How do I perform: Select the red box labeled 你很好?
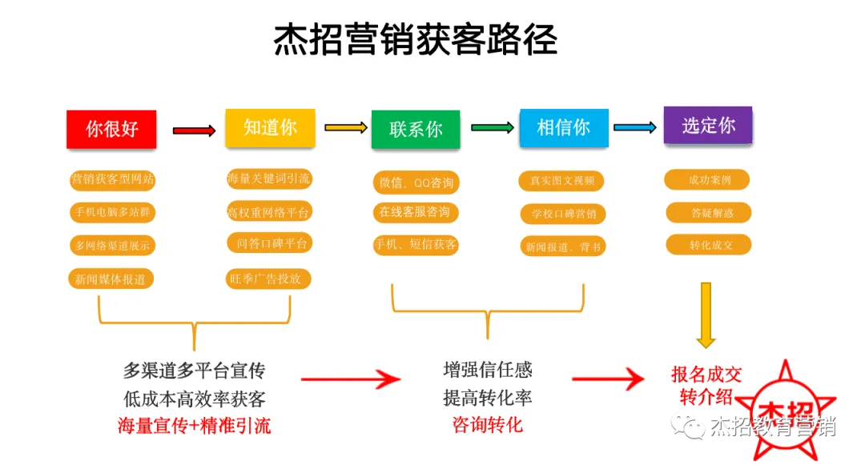(111, 129)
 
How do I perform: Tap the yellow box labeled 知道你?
(270, 128)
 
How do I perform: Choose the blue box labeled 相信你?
(563, 127)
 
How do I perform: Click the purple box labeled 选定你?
(708, 126)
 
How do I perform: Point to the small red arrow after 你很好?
(194, 130)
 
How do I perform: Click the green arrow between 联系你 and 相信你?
(492, 128)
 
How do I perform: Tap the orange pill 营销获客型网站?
(112, 179)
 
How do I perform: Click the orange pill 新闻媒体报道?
(111, 279)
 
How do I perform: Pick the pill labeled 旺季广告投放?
(268, 279)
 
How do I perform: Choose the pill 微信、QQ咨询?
(416, 182)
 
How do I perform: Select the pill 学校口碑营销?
(563, 214)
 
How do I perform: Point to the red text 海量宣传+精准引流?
(194, 425)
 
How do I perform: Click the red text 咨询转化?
(487, 424)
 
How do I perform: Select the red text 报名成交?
(706, 374)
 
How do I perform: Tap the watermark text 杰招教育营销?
(772, 427)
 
